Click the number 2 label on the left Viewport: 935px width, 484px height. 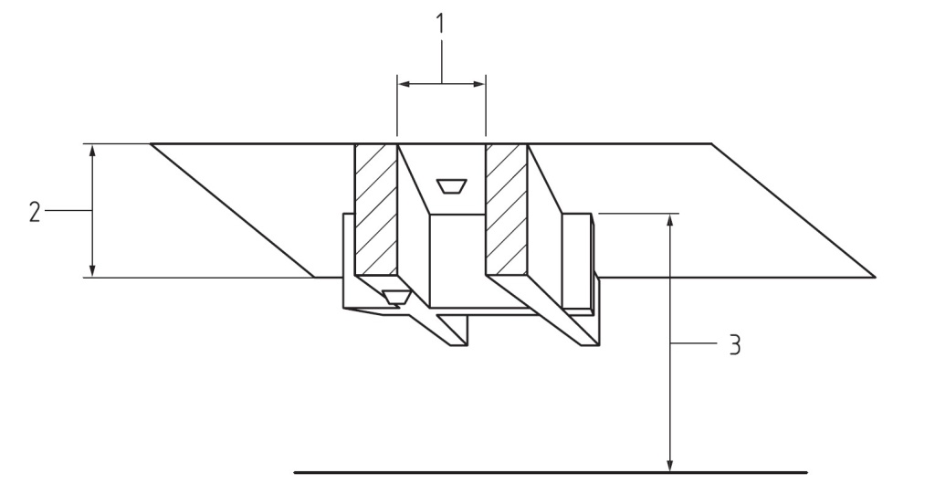[34, 211]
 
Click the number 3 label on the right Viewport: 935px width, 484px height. [734, 345]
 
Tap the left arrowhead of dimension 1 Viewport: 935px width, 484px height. [404, 84]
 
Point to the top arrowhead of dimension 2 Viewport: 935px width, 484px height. [92, 150]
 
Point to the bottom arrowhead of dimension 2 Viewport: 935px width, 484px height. [92, 270]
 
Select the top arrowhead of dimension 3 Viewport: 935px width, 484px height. [671, 220]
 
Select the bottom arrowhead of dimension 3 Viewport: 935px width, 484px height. [671, 466]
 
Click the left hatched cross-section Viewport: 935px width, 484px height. [375, 209]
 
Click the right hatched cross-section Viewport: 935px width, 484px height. [507, 209]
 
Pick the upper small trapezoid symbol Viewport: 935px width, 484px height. [450, 186]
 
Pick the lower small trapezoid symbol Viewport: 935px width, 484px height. [395, 296]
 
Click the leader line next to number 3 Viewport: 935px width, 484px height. [694, 344]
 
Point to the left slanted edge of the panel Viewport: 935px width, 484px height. [233, 210]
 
